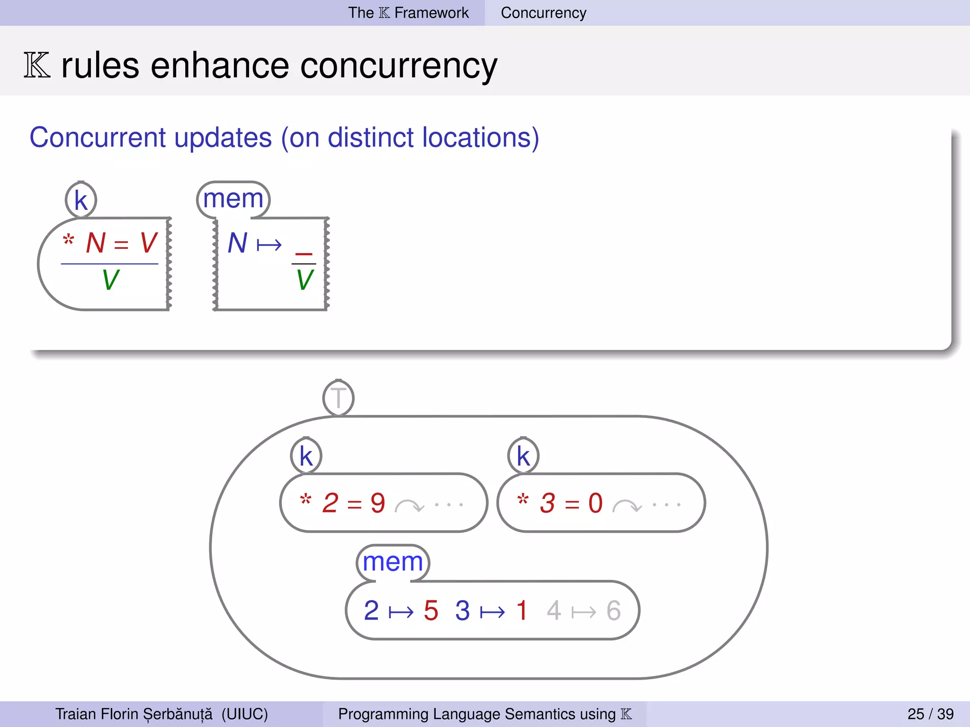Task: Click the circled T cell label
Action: click(x=338, y=398)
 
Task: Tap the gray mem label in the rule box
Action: click(x=233, y=199)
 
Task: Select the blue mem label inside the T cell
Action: click(x=393, y=562)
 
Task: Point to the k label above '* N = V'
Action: click(x=81, y=200)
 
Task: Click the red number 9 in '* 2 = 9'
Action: click(x=377, y=503)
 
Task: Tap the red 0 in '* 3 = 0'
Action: click(x=595, y=503)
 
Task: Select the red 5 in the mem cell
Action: click(x=431, y=611)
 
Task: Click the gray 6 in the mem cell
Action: click(x=613, y=611)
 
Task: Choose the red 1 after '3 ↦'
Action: click(x=522, y=611)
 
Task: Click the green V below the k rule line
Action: click(x=110, y=280)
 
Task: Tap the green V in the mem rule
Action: click(x=305, y=280)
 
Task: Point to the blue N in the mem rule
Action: click(x=237, y=243)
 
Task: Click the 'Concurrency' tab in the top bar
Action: click(x=543, y=13)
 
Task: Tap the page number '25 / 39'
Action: click(x=930, y=714)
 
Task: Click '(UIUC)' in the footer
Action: click(x=244, y=714)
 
